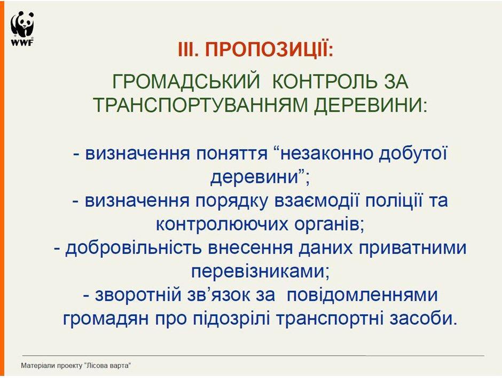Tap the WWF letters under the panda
coord(22,43)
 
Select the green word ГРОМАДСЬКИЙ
coord(186,82)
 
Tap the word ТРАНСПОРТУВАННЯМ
coord(200,105)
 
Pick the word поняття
coord(232,154)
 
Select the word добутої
coord(413,154)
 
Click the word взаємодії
coord(317,201)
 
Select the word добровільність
coord(134,248)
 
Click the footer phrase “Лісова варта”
coord(108,366)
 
